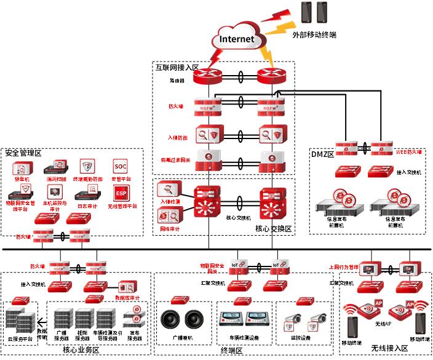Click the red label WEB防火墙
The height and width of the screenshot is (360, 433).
pyautogui.click(x=408, y=150)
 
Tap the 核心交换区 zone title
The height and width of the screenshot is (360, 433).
pyautogui.click(x=273, y=228)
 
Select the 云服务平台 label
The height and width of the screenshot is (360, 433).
pyautogui.click(x=18, y=338)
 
